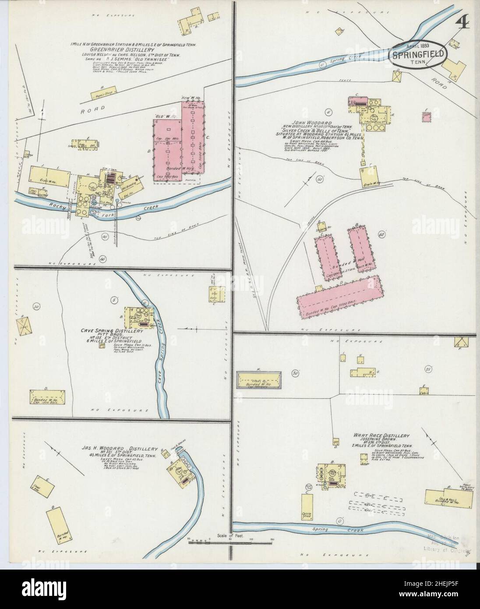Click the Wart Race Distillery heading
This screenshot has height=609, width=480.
point(381,436)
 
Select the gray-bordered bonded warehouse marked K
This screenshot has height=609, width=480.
point(259,379)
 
